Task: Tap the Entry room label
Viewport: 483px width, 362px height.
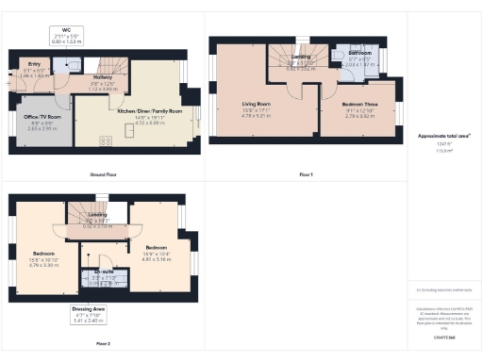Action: click(33, 70)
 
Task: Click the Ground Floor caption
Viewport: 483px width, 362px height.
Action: click(103, 175)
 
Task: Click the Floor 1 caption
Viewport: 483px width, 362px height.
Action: click(304, 175)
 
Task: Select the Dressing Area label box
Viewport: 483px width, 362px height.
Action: click(89, 316)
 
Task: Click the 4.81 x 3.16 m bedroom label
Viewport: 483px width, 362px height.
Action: click(156, 255)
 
